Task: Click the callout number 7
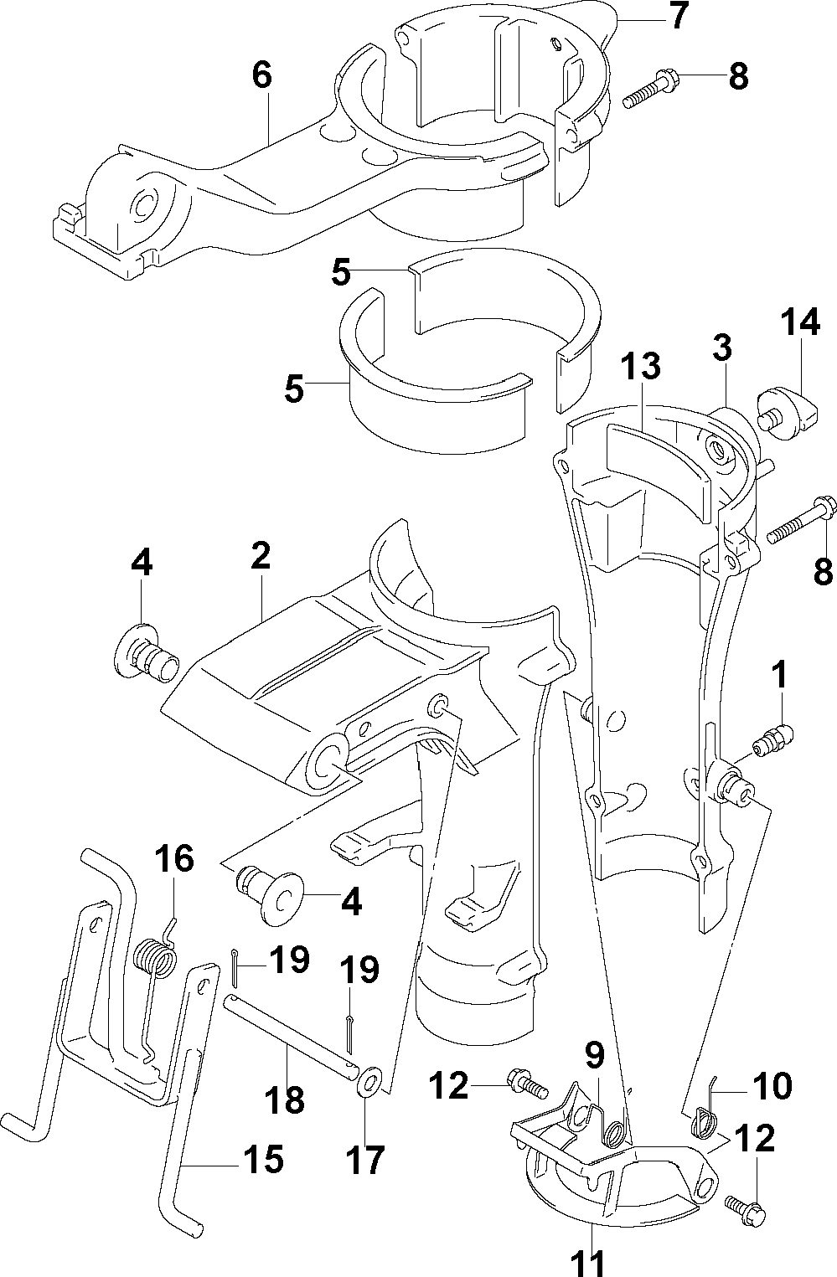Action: pos(679,16)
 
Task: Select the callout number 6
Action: pos(262,75)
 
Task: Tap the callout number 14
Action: pos(800,322)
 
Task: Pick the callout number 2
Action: pos(261,556)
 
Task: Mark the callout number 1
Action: pos(779,674)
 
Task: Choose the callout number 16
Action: pos(174,858)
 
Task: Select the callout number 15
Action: pos(263,1159)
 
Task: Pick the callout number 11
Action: pos(589,1261)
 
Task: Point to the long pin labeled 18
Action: pos(292,1026)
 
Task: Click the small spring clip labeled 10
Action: pos(705,1110)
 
